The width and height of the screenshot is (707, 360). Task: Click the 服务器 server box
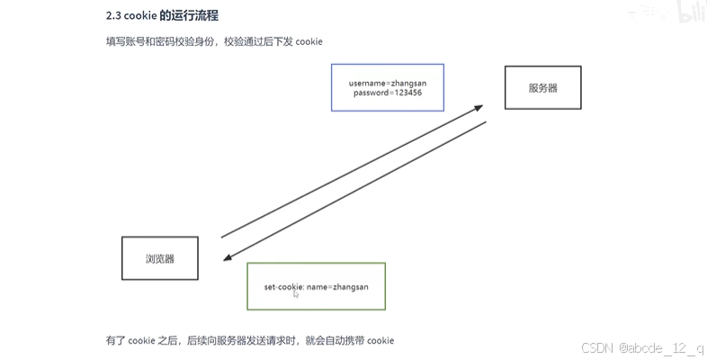coord(543,88)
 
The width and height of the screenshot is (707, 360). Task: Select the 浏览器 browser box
coord(159,258)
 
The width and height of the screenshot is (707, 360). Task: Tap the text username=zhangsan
coord(387,83)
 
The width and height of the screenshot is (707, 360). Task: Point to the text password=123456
coord(387,93)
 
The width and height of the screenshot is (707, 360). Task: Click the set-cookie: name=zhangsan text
coord(316,286)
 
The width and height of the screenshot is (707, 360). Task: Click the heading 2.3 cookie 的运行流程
coord(161,15)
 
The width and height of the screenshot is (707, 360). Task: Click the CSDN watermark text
coord(596,348)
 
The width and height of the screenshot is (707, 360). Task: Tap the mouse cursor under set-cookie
coord(296,293)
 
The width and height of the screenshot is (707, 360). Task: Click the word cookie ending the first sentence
coord(309,42)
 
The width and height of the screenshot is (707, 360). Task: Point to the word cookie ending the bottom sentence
coord(380,340)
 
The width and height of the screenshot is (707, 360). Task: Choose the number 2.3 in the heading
coord(114,15)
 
